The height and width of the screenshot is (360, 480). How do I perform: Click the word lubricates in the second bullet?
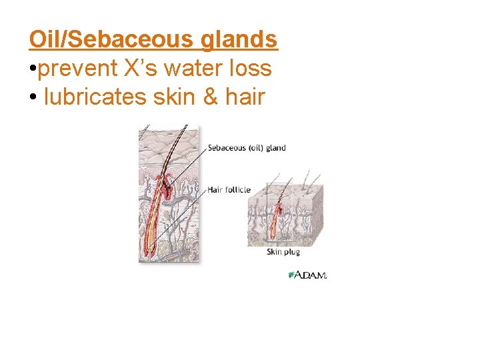coord(95,97)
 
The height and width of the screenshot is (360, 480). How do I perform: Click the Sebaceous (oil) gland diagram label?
coord(247,148)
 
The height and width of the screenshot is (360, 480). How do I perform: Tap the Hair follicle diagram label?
coord(229,190)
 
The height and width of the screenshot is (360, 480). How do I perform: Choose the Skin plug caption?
coord(283,252)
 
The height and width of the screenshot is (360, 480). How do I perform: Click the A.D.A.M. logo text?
coord(311,275)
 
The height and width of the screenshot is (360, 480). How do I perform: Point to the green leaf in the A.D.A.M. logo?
coord(291,275)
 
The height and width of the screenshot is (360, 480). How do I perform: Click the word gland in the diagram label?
coord(275,148)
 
